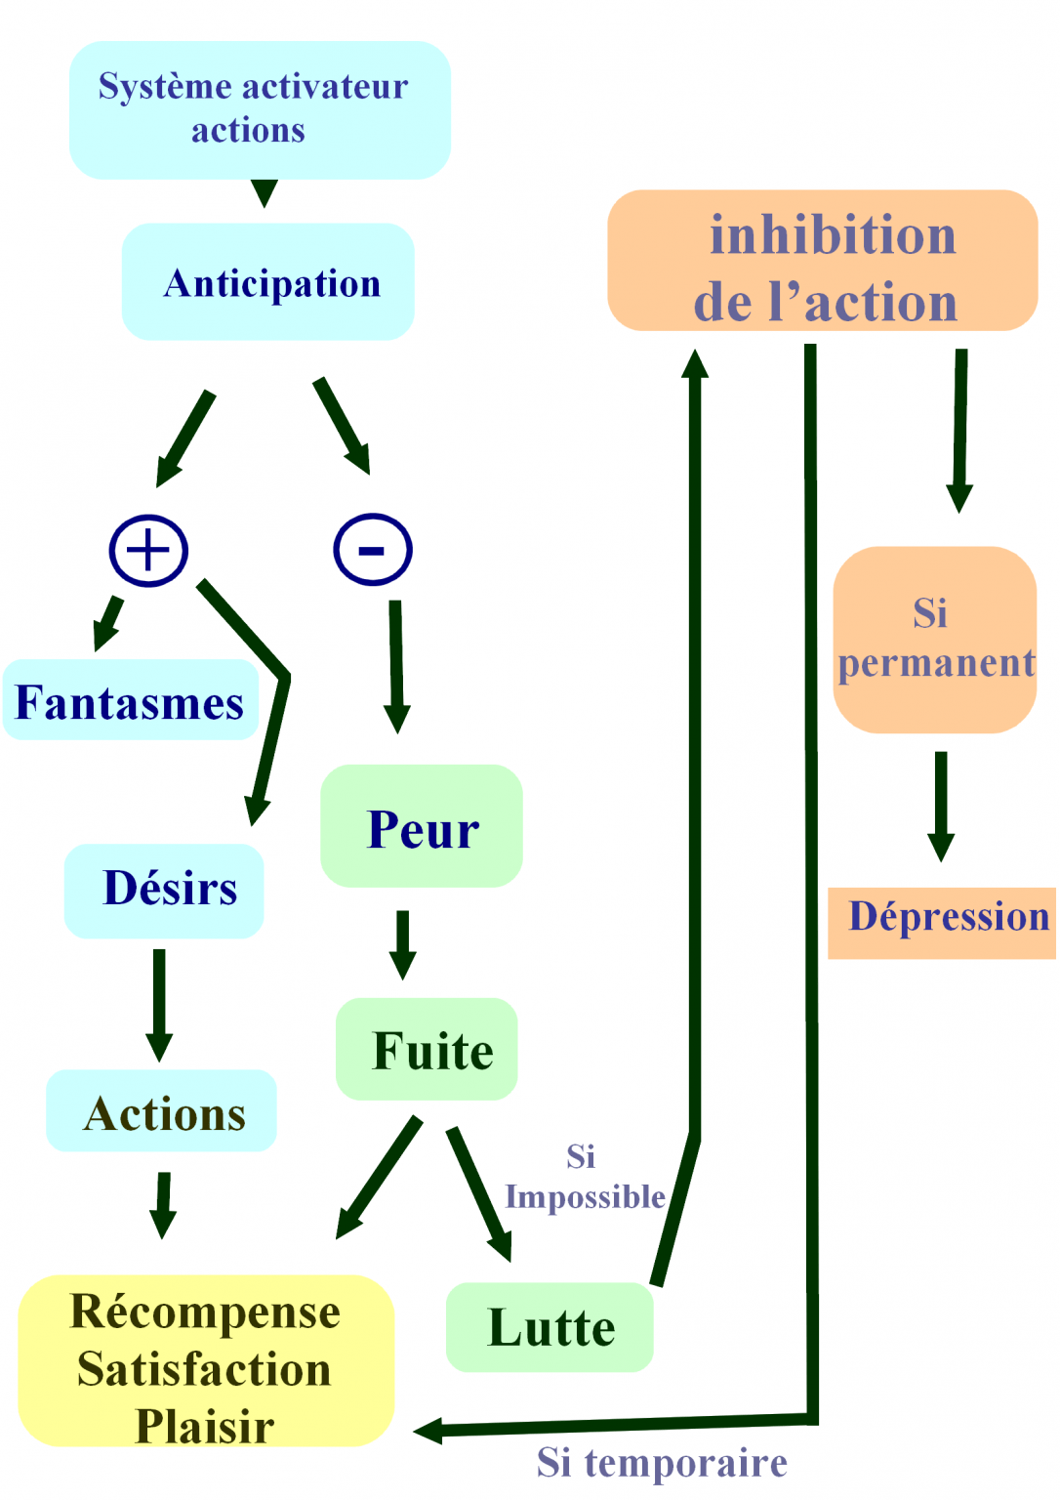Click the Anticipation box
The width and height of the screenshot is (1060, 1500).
coord(268,282)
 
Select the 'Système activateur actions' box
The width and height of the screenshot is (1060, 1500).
coord(260,109)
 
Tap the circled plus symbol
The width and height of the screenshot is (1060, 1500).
coord(148,550)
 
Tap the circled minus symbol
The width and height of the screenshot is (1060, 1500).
coord(373,549)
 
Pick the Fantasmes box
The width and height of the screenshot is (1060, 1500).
coord(131,700)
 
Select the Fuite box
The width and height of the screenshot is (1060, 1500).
coord(427,1049)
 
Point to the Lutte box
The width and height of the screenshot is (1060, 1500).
coord(550,1327)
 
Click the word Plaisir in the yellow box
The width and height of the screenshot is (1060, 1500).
coord(205,1426)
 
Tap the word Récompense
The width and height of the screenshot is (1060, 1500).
coord(205,1311)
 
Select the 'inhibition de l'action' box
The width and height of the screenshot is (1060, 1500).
coord(823,261)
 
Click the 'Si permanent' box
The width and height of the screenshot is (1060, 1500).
coord(934,640)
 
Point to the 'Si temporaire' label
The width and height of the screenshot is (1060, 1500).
coord(662,1462)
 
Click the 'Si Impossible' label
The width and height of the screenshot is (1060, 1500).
coord(584,1178)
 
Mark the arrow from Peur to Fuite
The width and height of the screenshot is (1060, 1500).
coord(402,943)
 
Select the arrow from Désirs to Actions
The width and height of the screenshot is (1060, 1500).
coord(159,1004)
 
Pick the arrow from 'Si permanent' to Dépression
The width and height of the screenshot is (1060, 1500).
coord(941,806)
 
